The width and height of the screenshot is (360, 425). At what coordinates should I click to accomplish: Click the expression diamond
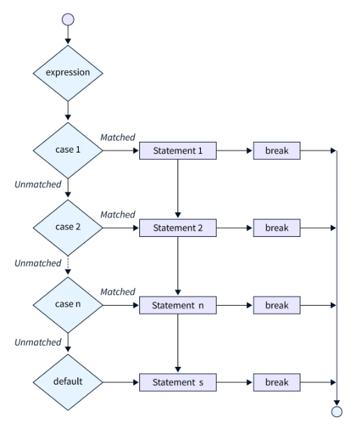click(x=68, y=73)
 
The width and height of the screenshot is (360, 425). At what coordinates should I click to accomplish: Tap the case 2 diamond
click(x=68, y=228)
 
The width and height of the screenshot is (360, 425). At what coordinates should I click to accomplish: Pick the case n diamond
click(x=68, y=305)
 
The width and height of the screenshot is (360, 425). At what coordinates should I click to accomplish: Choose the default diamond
click(x=68, y=381)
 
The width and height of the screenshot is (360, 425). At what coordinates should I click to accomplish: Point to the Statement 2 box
click(x=177, y=228)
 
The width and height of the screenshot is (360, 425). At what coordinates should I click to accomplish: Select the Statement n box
click(x=177, y=305)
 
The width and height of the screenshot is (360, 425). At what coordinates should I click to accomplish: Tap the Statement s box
click(x=177, y=381)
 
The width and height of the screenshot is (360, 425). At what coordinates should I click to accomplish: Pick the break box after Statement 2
click(x=276, y=228)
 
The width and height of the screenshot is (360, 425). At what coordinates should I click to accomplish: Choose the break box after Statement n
click(x=276, y=305)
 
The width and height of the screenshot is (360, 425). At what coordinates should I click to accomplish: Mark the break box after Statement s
click(x=276, y=381)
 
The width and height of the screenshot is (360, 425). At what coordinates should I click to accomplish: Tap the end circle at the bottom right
click(x=337, y=411)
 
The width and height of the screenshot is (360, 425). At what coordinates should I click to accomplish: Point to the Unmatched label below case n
click(x=38, y=343)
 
